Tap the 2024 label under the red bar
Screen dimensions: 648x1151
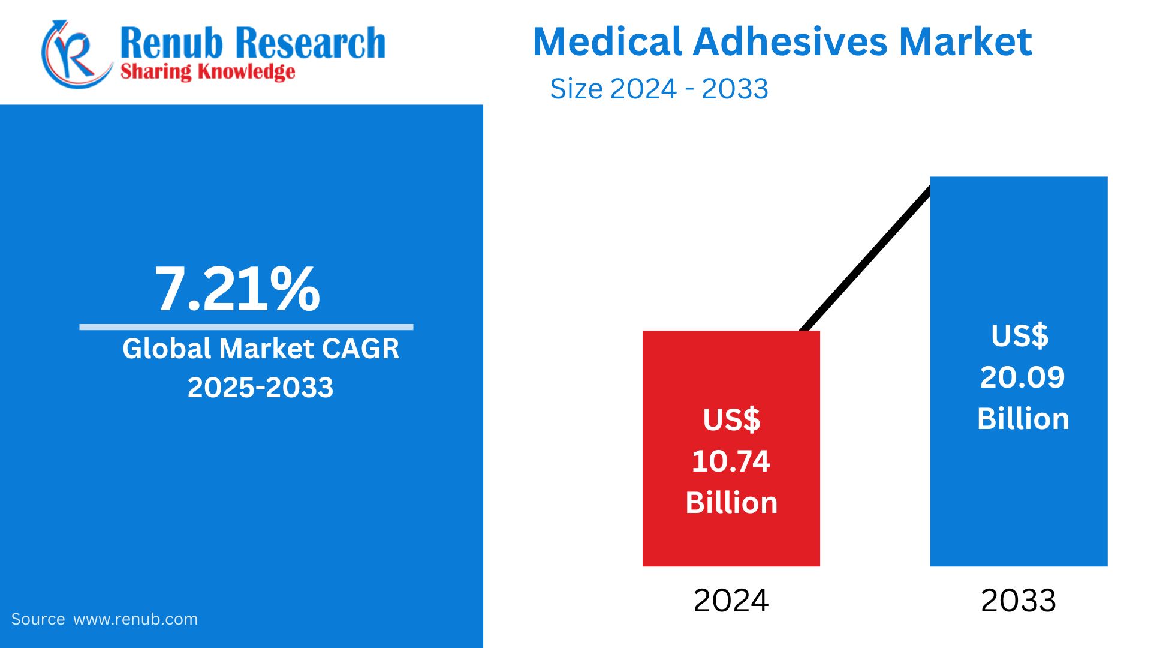click(731, 601)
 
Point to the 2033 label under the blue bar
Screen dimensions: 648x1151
click(1018, 601)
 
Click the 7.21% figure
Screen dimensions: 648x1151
click(237, 290)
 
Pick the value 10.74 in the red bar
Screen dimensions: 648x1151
click(731, 461)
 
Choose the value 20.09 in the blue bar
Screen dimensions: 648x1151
click(1022, 377)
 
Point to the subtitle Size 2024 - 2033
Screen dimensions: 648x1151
click(658, 89)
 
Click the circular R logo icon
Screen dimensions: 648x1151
click(75, 54)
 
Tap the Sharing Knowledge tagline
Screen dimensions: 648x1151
click(207, 72)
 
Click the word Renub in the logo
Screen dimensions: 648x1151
click(171, 43)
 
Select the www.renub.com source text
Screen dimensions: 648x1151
click(135, 619)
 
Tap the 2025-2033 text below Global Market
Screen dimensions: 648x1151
click(260, 388)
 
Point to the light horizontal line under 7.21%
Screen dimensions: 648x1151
click(246, 327)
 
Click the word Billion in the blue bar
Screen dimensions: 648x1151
click(1023, 419)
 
